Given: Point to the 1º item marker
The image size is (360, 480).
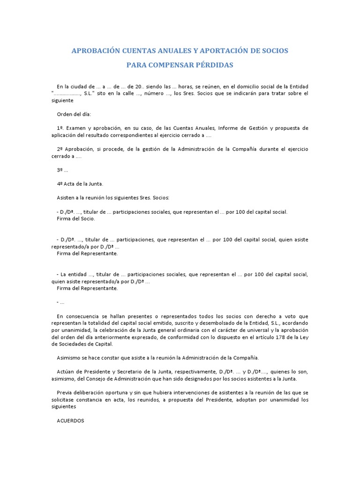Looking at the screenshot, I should tap(60, 127).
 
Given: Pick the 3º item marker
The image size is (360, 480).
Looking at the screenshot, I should tap(60, 170).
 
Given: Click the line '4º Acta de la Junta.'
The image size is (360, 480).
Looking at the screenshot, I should tap(80, 184).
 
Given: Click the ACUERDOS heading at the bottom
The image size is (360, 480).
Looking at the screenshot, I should tap(70, 420).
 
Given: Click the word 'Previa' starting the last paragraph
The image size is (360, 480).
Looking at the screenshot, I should tap(66, 392).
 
